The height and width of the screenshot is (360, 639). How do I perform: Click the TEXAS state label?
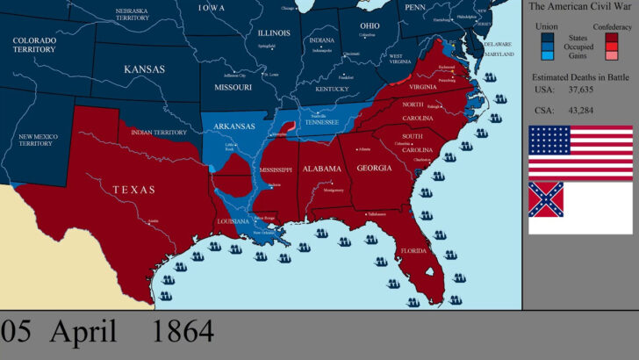[133, 189]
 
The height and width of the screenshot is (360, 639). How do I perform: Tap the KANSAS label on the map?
[144, 69]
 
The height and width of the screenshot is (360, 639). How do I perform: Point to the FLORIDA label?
[414, 250]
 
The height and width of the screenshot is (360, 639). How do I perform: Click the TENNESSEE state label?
[321, 122]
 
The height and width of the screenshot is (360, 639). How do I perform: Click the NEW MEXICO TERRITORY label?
[36, 140]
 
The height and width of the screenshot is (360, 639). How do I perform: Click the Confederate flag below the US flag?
[580, 207]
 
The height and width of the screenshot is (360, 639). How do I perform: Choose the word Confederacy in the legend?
[613, 27]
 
